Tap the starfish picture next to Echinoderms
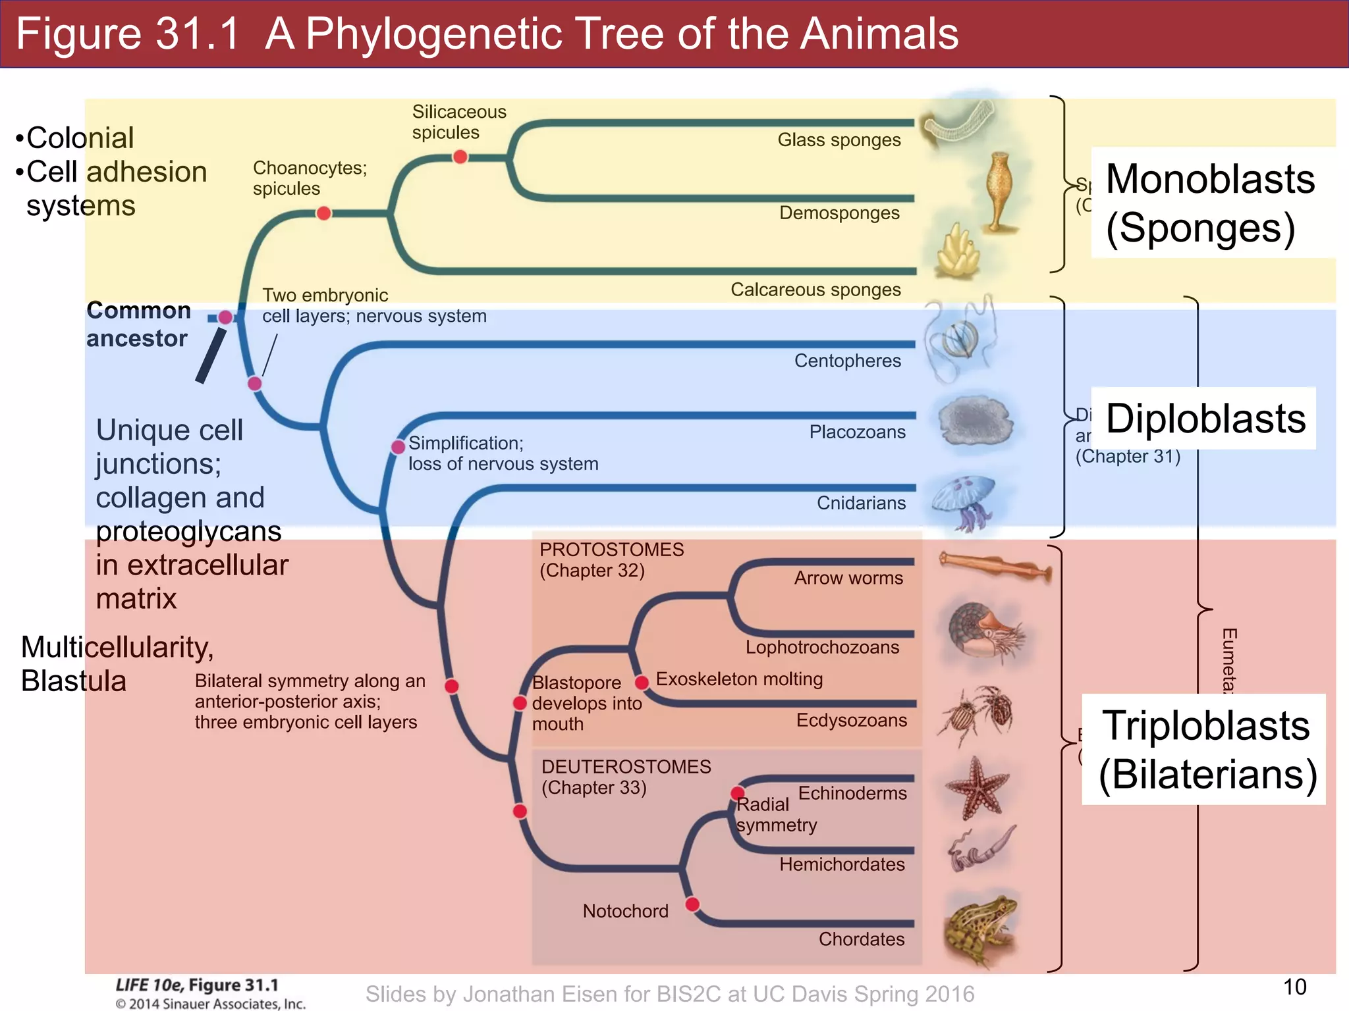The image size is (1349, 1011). pos(977,787)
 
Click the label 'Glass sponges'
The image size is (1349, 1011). pos(839,140)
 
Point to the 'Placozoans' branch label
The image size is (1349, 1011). pos(857,432)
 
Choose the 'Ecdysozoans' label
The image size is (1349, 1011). pos(851,720)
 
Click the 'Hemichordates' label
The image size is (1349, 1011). pos(842,864)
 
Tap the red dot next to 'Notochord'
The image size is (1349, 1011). pos(692,904)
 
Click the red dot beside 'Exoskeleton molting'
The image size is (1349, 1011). pos(642,683)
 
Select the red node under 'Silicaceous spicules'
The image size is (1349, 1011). pos(460,157)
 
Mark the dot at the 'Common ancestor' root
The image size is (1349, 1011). pos(225,317)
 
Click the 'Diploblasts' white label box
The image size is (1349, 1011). pos(1204,419)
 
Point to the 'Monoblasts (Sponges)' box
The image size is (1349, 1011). pos(1211,203)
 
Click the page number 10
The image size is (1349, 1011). pos(1294,987)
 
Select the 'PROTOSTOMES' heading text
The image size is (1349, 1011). pos(611,550)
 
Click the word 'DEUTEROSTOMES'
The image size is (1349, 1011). pos(626,767)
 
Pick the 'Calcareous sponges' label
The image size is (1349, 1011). pos(815,290)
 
